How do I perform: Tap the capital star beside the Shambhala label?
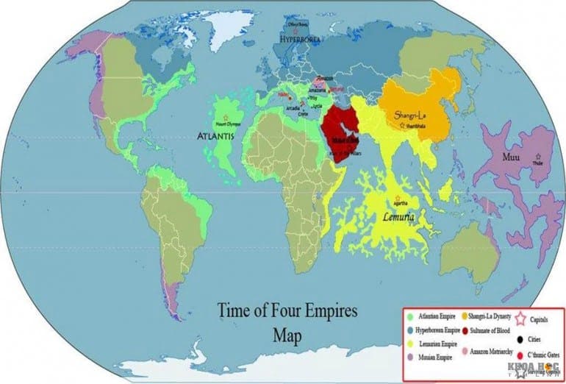point(402,127)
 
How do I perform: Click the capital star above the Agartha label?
point(397,199)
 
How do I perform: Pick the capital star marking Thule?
point(539,157)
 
